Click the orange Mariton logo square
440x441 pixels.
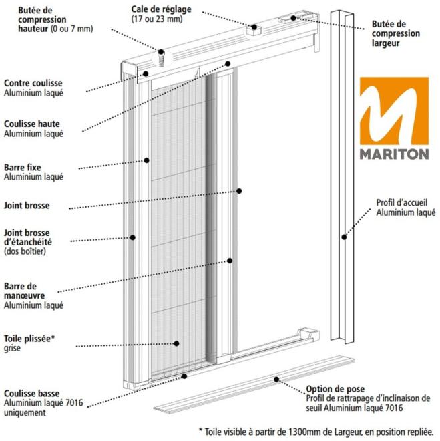394,111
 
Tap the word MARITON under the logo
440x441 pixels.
394,154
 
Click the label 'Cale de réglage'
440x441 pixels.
162,9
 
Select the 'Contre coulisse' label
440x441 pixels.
33,83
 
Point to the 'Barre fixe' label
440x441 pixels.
23,168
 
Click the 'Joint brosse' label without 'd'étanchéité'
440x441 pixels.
27,206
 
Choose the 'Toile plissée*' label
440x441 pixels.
29,339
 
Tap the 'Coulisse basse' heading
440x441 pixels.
32,393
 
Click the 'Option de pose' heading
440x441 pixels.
335,389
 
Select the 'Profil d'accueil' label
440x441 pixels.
402,202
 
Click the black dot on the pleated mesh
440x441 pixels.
176,343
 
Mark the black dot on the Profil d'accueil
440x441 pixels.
344,237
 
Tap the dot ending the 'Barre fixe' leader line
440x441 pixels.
146,160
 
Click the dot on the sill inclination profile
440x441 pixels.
276,380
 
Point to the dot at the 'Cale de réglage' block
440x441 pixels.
254,27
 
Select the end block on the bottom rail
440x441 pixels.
308,334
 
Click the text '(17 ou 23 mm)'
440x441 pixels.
157,19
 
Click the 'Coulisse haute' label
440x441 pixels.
32,124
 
